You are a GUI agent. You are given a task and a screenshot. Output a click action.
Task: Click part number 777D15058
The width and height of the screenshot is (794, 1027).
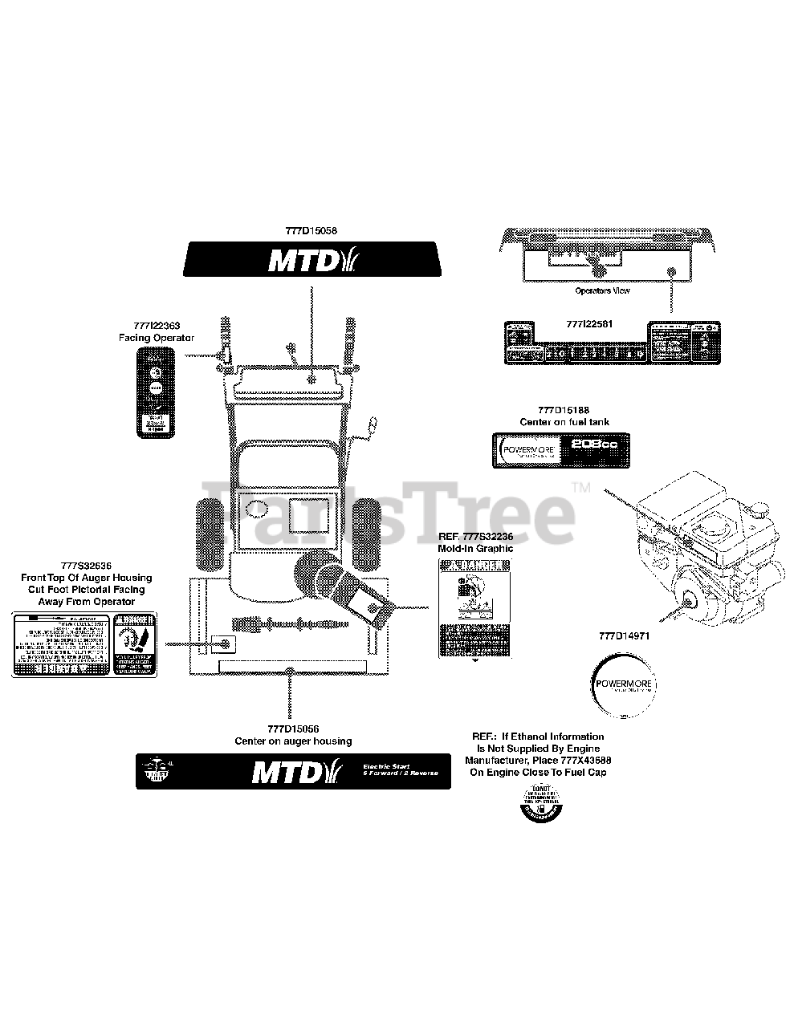[311, 230]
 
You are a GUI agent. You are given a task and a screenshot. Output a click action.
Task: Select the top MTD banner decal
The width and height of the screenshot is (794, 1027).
[311, 260]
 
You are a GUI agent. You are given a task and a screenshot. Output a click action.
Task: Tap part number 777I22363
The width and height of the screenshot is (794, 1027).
[157, 326]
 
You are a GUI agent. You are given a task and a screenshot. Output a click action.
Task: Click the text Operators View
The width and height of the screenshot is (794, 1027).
[602, 290]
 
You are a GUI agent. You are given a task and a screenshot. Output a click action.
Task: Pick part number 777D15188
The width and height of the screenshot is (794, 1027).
[564, 410]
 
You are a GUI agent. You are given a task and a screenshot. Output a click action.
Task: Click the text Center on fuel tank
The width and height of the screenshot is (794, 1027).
[564, 422]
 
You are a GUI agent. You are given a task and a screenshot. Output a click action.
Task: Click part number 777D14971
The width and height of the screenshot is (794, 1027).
[624, 635]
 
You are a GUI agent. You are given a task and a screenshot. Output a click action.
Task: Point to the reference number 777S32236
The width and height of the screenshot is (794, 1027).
[487, 536]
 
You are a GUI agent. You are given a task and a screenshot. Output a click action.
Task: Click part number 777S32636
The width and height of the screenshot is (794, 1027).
[86, 565]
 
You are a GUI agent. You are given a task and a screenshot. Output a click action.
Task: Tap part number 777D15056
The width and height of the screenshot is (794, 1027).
[293, 729]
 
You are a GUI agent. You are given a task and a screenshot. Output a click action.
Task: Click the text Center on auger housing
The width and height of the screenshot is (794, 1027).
[293, 741]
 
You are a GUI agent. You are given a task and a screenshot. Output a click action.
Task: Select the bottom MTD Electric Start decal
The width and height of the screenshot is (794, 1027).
[293, 771]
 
